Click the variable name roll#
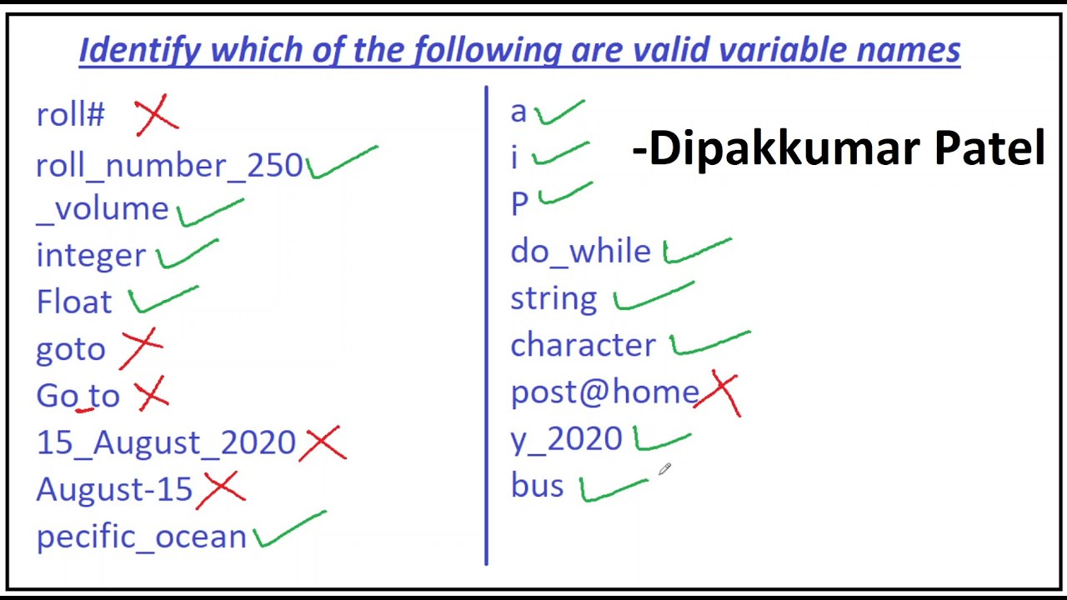click(x=70, y=115)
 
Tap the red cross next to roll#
click(x=156, y=115)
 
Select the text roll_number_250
click(x=169, y=165)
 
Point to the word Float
click(x=74, y=302)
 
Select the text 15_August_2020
click(x=166, y=442)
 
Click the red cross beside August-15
click(x=221, y=489)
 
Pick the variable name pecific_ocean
click(x=142, y=537)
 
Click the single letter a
click(x=518, y=112)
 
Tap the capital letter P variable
click(x=518, y=203)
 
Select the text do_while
click(x=580, y=251)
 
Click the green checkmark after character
click(x=709, y=342)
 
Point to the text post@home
click(x=605, y=392)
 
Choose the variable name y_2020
click(x=566, y=439)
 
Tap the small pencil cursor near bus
click(x=664, y=470)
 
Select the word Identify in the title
click(x=139, y=50)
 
